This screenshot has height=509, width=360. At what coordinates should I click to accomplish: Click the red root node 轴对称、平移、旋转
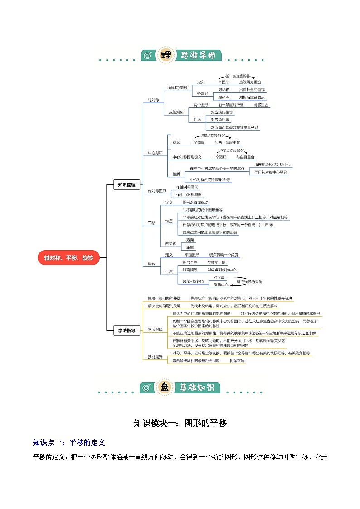pos(68,257)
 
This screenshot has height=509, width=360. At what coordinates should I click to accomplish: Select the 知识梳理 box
pos(126,184)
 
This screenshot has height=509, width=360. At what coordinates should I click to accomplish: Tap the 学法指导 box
pos(126,331)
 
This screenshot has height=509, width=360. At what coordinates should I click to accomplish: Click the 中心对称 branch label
pos(155,153)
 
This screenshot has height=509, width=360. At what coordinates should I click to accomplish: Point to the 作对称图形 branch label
pos(157,191)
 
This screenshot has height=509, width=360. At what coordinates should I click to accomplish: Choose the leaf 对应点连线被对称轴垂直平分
pos(235,127)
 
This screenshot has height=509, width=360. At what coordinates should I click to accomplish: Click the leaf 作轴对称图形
pos(187,187)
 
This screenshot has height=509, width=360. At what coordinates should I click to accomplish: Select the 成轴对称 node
pos(176,111)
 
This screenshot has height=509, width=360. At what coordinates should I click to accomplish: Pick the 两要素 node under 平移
pos(170,243)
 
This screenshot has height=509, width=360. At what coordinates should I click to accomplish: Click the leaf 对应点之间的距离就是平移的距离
pos(210,232)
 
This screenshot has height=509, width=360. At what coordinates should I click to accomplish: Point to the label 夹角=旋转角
pos(194,281)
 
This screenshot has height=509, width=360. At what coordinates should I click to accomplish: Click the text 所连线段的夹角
pos(249,281)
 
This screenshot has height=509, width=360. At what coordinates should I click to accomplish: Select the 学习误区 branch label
pos(155,329)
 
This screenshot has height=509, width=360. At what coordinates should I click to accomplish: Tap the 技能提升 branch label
pos(155,357)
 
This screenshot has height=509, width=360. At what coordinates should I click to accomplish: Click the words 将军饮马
pos(237,360)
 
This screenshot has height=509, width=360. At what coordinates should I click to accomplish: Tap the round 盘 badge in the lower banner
pos(164,388)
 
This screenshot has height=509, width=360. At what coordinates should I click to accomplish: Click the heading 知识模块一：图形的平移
pos(180,423)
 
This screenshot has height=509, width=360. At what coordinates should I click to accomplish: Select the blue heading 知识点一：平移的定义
pos(69,442)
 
